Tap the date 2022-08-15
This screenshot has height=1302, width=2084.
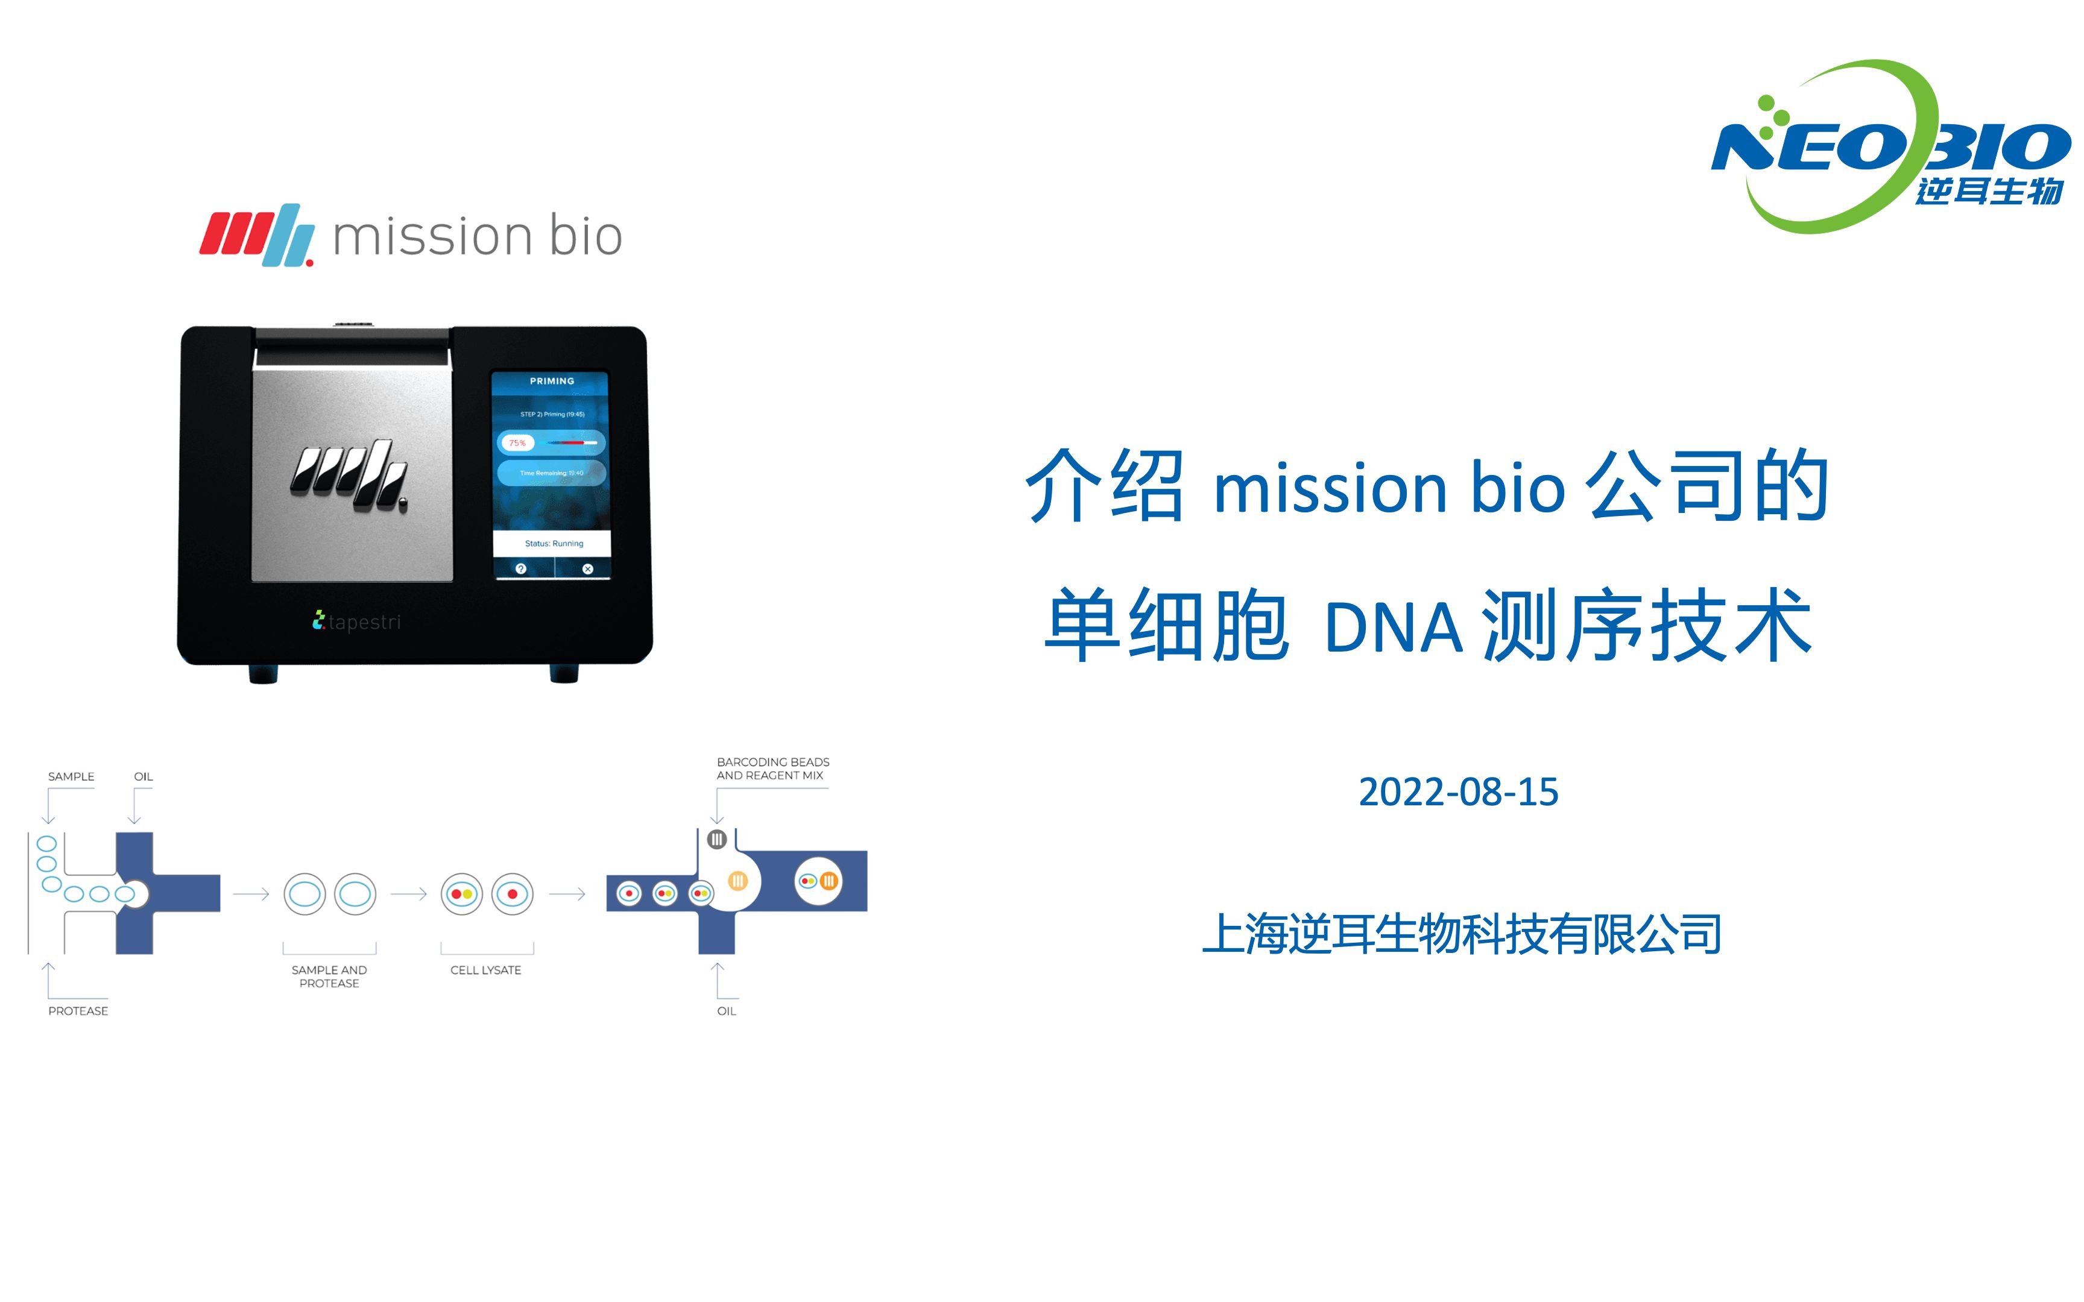tap(1458, 792)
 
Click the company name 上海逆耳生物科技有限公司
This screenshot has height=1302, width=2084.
tap(1461, 934)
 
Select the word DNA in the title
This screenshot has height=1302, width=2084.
tap(1392, 627)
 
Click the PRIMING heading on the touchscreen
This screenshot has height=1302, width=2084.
tap(551, 380)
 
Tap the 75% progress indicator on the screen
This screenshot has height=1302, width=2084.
tap(517, 442)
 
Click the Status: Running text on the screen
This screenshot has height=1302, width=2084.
tap(554, 543)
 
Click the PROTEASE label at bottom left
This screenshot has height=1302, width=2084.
tap(78, 1011)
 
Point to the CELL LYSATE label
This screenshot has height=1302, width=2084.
tap(485, 970)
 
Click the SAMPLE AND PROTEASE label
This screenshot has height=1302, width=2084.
tap(329, 976)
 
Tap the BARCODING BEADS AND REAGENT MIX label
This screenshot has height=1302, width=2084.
tap(772, 769)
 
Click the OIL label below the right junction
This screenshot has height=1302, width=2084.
tap(726, 1011)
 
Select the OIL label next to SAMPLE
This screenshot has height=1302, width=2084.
tap(143, 777)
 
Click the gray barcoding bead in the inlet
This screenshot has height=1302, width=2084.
tap(716, 838)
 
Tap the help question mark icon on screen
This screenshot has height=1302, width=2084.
tap(520, 569)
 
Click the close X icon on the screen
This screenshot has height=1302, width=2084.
tap(587, 569)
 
